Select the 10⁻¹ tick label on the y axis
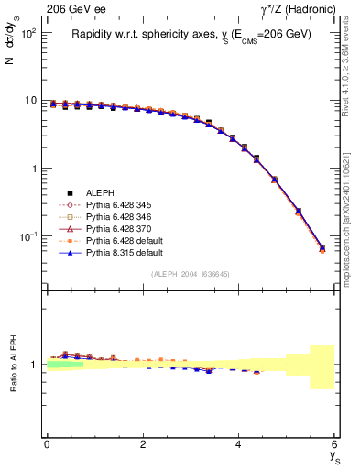coord(27,237)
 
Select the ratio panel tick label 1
coord(35,365)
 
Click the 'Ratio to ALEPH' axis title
coord(13,365)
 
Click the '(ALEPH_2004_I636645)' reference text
coord(191,274)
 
